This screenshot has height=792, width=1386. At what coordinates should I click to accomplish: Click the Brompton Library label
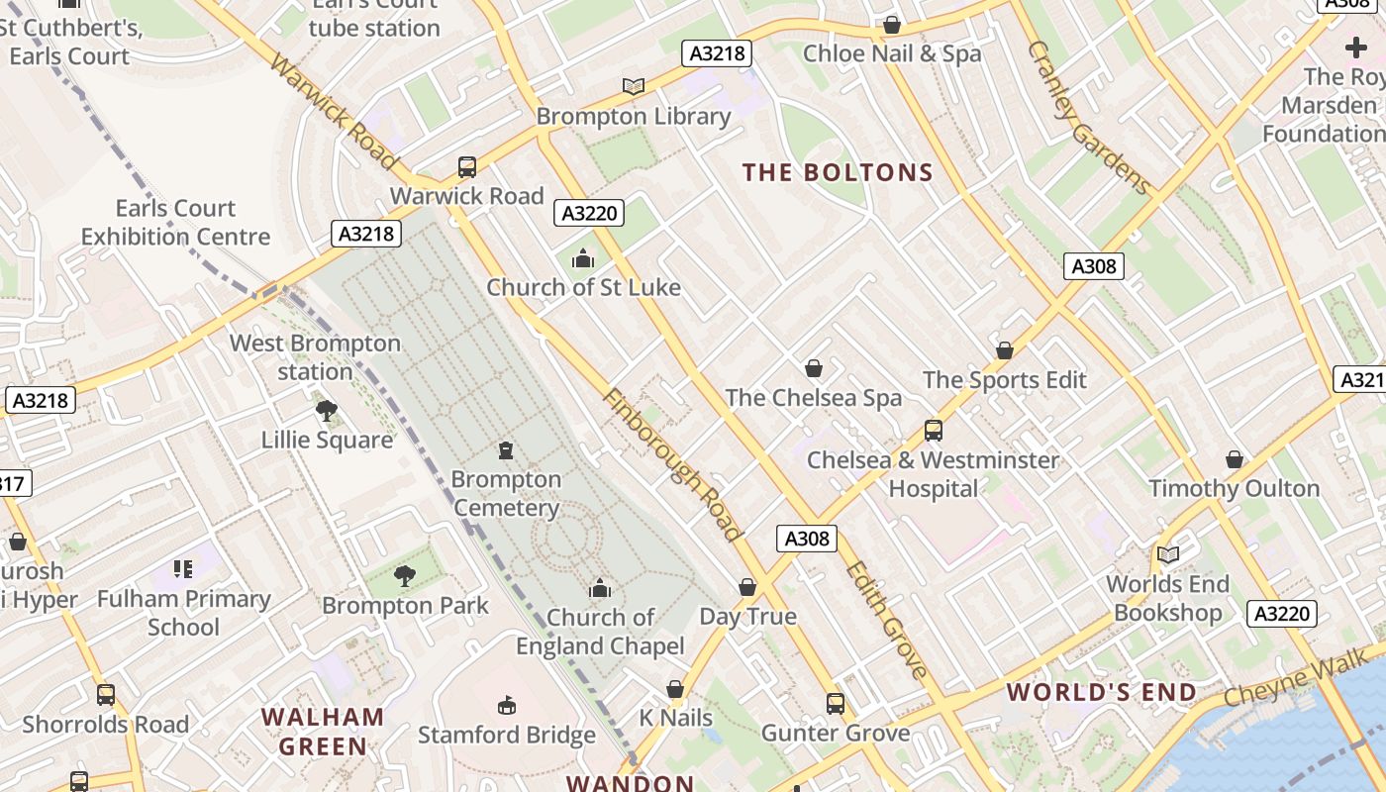(x=634, y=117)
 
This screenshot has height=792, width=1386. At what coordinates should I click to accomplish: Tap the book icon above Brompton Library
(x=634, y=86)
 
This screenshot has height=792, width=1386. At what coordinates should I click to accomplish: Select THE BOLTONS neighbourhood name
(x=839, y=173)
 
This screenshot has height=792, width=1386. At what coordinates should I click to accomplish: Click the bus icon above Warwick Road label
(x=467, y=166)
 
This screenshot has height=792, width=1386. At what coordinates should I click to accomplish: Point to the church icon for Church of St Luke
(x=583, y=259)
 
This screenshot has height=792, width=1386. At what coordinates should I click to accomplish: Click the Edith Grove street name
(x=888, y=621)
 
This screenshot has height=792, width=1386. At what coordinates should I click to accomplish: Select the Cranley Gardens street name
(x=1089, y=117)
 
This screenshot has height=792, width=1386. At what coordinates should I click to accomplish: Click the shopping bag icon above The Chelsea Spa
(x=814, y=368)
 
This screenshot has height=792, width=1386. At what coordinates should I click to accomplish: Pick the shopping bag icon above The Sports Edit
(x=1005, y=350)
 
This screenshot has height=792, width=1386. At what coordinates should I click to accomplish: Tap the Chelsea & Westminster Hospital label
(x=933, y=474)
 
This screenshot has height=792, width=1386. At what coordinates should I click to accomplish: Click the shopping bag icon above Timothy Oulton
(x=1235, y=459)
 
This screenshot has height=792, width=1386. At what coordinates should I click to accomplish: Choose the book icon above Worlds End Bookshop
(x=1168, y=554)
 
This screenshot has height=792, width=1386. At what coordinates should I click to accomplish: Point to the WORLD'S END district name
(x=1102, y=692)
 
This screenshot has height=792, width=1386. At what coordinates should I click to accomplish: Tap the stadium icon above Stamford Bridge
(x=507, y=705)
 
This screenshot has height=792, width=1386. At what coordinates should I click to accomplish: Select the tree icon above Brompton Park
(x=405, y=575)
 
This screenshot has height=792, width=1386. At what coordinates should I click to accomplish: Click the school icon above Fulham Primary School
(x=183, y=568)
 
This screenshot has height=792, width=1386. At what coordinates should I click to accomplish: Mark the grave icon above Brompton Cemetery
(x=506, y=450)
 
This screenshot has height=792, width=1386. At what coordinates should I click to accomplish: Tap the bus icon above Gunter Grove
(x=836, y=704)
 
